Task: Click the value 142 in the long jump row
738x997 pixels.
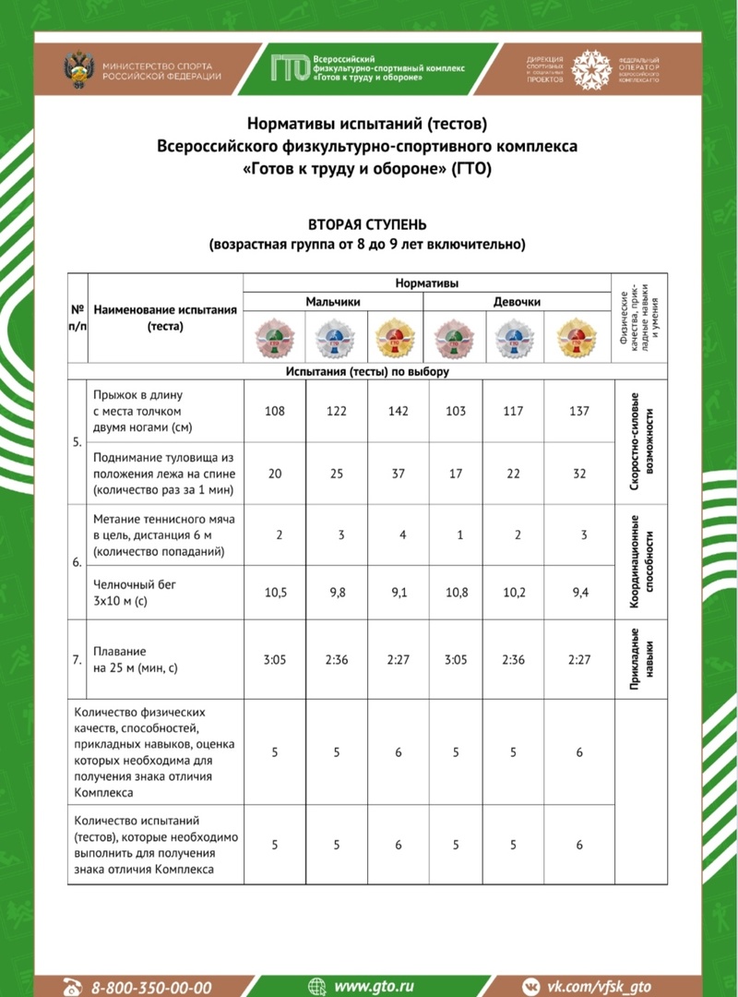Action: (x=399, y=411)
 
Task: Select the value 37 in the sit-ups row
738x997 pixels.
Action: (x=399, y=474)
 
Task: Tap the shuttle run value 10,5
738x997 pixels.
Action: (x=275, y=593)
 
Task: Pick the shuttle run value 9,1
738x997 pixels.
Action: (x=399, y=593)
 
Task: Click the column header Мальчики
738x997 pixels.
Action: (x=333, y=302)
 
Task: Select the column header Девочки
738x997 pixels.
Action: (x=517, y=302)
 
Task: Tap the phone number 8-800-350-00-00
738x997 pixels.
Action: (x=151, y=987)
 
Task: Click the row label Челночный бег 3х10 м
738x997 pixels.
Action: (x=125, y=592)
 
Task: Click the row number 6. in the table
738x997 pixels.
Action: (x=77, y=562)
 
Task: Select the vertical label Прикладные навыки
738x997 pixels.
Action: (x=642, y=659)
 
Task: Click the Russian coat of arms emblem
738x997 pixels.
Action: (x=78, y=70)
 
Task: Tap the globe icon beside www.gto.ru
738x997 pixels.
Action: (x=317, y=987)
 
